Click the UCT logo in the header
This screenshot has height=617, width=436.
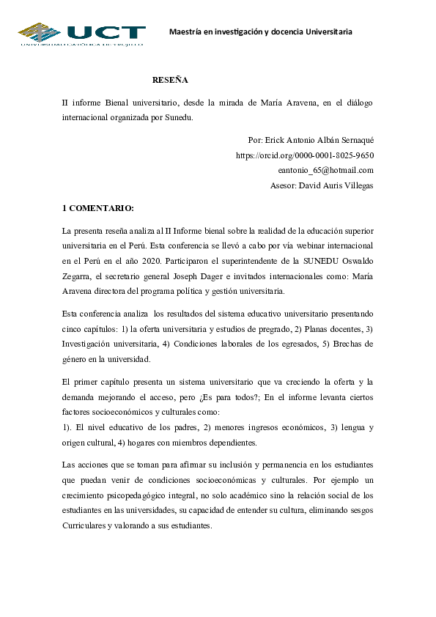(x=81, y=33)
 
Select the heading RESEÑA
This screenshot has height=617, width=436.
(x=170, y=79)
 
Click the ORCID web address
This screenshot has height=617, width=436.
(x=305, y=155)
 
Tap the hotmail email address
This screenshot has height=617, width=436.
(x=326, y=171)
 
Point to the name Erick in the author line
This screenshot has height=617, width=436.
(x=276, y=140)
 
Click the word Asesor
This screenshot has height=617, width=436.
(x=282, y=186)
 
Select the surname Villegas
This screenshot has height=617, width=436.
(x=357, y=186)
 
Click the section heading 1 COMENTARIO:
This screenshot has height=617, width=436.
(x=97, y=208)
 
